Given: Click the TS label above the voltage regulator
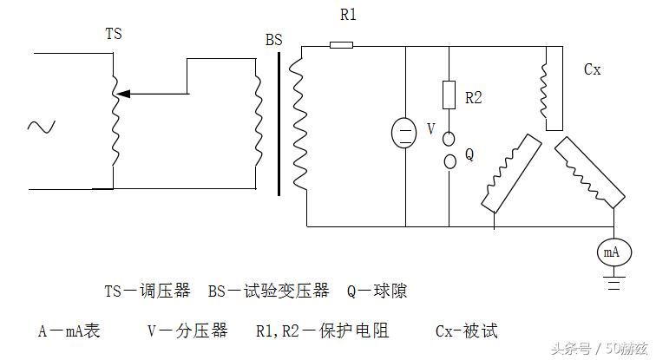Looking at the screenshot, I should (x=113, y=35).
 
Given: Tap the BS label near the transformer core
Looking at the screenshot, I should (x=273, y=40).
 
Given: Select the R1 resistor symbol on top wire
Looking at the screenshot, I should (x=341, y=44).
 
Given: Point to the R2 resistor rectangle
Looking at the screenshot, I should (x=449, y=95).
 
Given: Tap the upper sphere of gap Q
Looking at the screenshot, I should (x=449, y=138).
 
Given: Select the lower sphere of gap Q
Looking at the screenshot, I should (x=449, y=161).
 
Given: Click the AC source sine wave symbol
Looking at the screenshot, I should (x=40, y=127).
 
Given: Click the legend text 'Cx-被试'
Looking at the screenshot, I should (x=466, y=331).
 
